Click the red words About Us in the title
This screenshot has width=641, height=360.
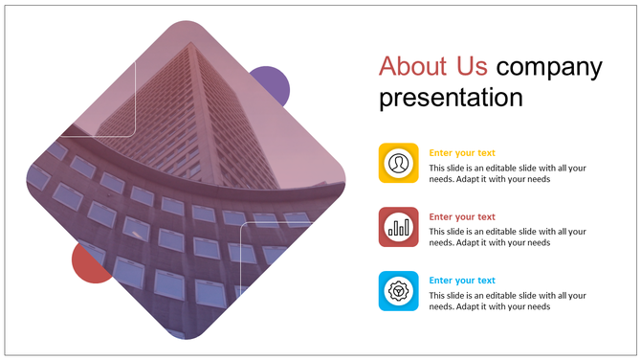(433, 66)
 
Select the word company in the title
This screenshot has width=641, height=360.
(550, 67)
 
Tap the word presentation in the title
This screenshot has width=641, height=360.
(451, 98)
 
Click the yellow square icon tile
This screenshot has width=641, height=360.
(398, 163)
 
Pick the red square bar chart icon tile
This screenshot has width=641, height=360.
(398, 227)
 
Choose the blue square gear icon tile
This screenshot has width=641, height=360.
(398, 290)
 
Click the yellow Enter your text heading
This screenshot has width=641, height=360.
(462, 153)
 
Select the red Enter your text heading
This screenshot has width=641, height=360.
(462, 216)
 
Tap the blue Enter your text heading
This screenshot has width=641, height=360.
(462, 281)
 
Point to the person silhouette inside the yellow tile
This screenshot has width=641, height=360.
(398, 163)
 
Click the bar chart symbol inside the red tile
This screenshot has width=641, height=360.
(398, 228)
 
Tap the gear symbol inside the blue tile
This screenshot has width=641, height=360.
(398, 290)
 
